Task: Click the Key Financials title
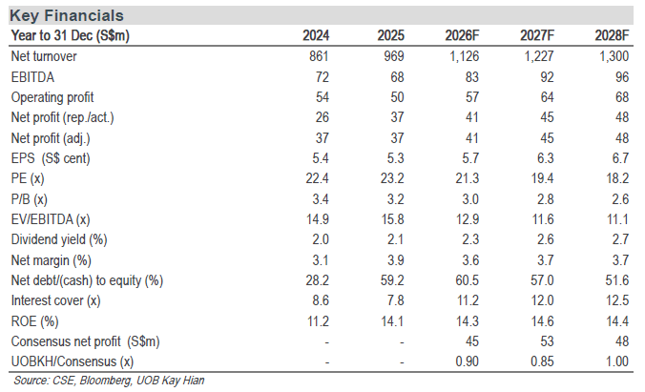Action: coord(67,15)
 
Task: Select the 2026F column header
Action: coord(462,36)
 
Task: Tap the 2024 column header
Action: coord(316,36)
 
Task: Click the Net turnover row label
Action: coord(44,56)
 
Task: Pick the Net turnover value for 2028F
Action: coord(614,56)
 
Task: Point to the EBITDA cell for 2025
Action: coord(397,77)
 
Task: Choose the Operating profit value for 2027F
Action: coord(547,97)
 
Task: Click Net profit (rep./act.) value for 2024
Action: coord(322,117)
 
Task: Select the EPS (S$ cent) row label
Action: coord(51,158)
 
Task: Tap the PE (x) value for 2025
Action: coord(392,178)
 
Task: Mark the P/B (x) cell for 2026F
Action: coord(470,199)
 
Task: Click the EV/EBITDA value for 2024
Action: coord(317,219)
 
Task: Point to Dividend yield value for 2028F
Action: coord(620,239)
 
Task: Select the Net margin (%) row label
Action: coord(52,260)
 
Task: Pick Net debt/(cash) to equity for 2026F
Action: coord(467,280)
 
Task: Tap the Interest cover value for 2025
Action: coord(395,300)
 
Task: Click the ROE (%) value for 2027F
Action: coord(542,321)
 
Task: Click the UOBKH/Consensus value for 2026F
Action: coord(467,361)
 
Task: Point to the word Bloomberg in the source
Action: coord(106,381)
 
